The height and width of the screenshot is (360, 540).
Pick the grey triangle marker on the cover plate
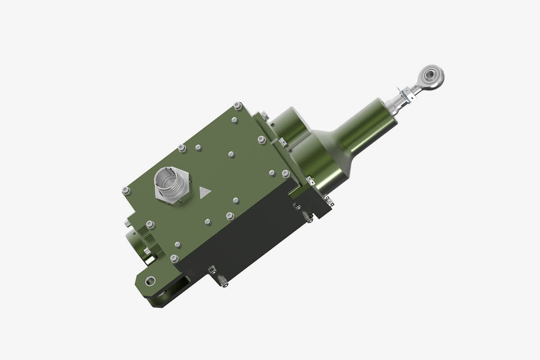pyautogui.click(x=205, y=193)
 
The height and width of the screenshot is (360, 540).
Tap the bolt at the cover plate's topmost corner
pyautogui.click(x=238, y=106)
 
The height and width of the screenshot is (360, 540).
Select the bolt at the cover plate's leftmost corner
pyautogui.click(x=126, y=191)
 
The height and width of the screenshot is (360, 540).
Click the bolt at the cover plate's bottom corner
pyautogui.click(x=174, y=259)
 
